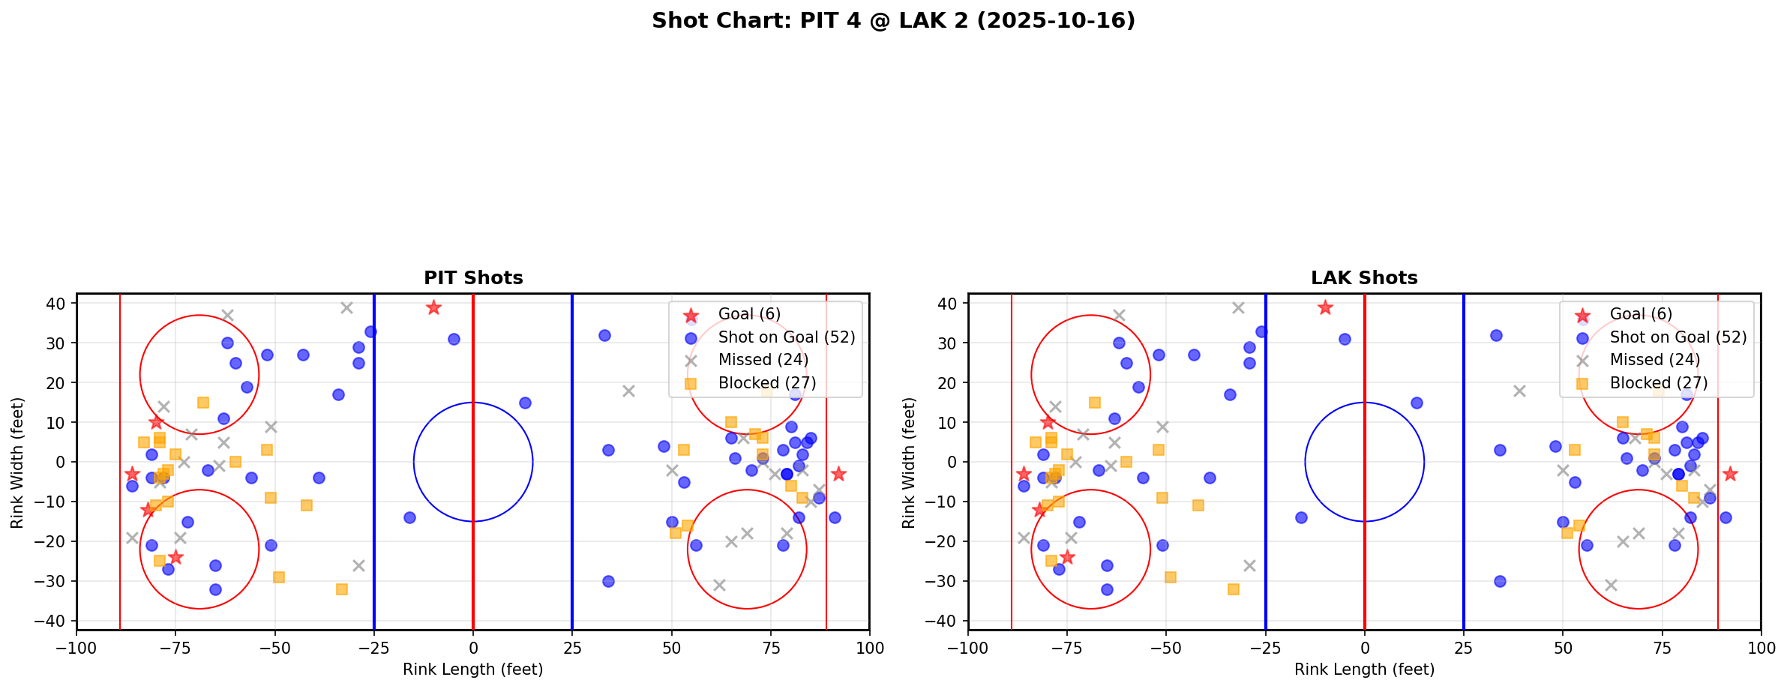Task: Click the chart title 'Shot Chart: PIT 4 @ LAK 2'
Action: coord(893,20)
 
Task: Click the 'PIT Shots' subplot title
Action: coord(473,278)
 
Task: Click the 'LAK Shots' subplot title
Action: coord(1364,278)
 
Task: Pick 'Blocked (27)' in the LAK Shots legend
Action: coord(1658,383)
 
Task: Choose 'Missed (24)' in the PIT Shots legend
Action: coord(763,360)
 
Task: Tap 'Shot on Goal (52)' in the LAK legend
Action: coord(1678,337)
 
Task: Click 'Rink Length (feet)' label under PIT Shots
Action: coord(473,670)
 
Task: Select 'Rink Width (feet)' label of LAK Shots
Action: coord(909,462)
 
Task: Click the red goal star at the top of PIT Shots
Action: coord(433,307)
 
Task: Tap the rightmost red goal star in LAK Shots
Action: coord(1729,474)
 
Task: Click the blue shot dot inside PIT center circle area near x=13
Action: coord(525,403)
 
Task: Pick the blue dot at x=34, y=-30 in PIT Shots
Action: coord(608,581)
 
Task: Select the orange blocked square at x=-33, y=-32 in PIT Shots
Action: coord(342,589)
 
